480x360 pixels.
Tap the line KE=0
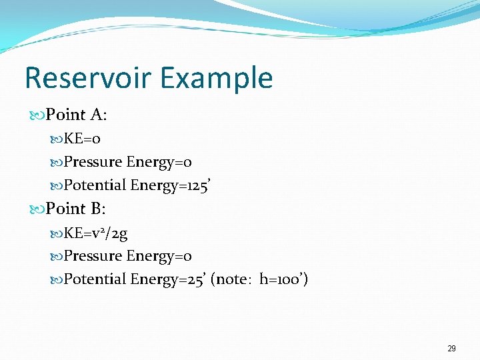point(82,139)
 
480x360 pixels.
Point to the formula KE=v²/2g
point(95,233)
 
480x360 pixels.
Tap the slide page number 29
point(451,348)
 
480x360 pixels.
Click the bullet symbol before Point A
point(38,115)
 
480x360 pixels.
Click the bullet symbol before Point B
point(38,209)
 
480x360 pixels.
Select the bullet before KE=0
point(57,139)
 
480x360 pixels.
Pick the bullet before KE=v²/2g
point(57,233)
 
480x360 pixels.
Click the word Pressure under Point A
point(93,162)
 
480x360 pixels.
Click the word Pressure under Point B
point(93,256)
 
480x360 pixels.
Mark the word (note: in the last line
point(231,279)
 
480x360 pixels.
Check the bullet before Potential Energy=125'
point(57,186)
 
